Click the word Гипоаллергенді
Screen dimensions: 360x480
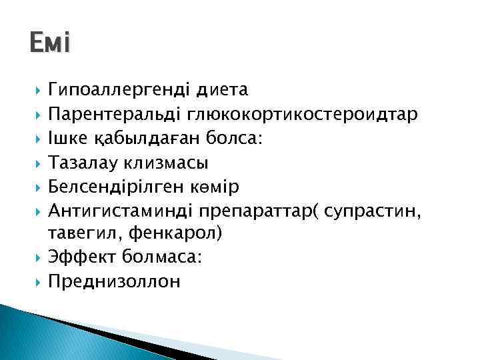(x=119, y=89)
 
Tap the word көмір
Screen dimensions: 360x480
(x=219, y=186)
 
